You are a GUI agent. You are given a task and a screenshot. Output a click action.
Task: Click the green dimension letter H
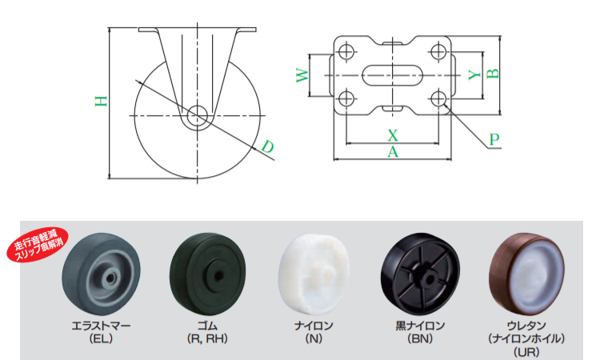click(101, 101)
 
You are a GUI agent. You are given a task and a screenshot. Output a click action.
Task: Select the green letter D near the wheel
click(267, 146)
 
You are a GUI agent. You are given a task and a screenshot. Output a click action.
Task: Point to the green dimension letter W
click(302, 75)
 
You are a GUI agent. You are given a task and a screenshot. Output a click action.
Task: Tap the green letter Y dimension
click(474, 74)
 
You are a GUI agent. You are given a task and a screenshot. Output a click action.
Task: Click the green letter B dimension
click(493, 74)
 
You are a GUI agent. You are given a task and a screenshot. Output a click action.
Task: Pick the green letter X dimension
click(393, 135)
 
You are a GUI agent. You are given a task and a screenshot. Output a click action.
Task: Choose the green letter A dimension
click(393, 152)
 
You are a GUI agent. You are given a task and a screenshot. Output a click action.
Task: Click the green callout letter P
click(494, 139)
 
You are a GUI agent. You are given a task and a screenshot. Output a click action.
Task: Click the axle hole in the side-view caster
click(197, 115)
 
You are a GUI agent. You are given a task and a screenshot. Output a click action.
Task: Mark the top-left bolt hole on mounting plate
click(346, 51)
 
